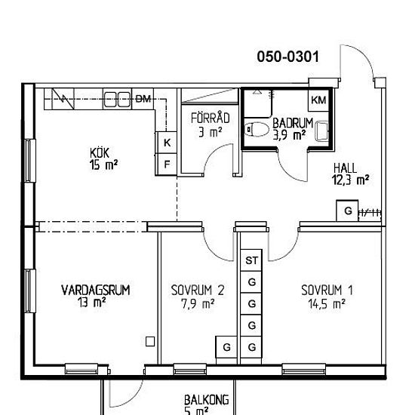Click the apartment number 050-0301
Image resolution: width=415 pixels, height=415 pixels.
click(x=288, y=57)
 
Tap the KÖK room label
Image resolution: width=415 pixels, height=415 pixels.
click(x=100, y=153)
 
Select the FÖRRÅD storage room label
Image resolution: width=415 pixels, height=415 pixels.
click(x=211, y=118)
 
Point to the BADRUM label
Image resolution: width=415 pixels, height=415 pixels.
click(x=293, y=123)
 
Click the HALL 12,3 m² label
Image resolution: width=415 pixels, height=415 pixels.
click(x=350, y=174)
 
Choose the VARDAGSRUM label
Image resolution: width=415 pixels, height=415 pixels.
click(x=96, y=290)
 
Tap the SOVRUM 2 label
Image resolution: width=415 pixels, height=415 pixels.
click(x=198, y=290)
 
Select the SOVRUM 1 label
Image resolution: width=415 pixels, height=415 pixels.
click(x=327, y=290)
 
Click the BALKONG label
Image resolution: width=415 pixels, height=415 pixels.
click(x=207, y=400)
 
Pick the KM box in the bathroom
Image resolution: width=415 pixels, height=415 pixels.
click(x=318, y=100)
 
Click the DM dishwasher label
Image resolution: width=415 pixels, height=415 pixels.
click(x=143, y=99)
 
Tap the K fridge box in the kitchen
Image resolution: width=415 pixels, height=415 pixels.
click(x=166, y=143)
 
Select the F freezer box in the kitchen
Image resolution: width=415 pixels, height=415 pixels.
click(x=166, y=164)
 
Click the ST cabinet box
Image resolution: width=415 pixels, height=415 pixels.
click(x=251, y=260)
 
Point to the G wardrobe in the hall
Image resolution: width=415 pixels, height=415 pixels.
click(x=348, y=211)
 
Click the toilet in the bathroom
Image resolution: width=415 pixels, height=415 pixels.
click(x=256, y=130)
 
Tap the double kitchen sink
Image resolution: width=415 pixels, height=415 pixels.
click(x=117, y=99)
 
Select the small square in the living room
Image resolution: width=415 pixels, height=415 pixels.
click(x=150, y=341)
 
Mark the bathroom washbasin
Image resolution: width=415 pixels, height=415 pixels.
click(x=322, y=131)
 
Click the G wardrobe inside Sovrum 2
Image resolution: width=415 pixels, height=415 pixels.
click(x=226, y=347)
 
